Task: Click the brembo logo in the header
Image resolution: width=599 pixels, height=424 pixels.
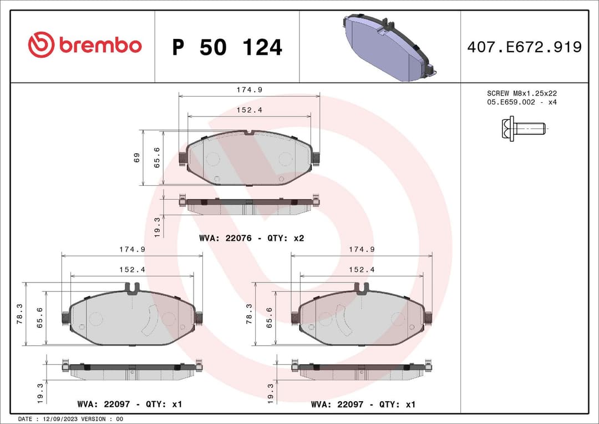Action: [84, 46]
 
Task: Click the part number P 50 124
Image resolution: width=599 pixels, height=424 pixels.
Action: [227, 48]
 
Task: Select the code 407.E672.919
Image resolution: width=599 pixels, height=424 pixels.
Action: [524, 47]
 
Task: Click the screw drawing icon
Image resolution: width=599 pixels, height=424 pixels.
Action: [524, 129]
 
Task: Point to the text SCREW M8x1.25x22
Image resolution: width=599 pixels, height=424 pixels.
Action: [521, 93]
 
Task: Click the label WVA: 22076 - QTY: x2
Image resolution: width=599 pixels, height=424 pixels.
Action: [251, 238]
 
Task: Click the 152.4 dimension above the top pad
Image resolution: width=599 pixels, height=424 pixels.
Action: [249, 110]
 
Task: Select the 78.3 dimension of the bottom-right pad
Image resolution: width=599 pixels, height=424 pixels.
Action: [250, 314]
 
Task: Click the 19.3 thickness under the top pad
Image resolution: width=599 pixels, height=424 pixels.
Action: [158, 227]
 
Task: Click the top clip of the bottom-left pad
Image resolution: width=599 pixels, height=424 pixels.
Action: [132, 287]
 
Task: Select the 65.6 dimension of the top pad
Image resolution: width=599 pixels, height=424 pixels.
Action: [158, 158]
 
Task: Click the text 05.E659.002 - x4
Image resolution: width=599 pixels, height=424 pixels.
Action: [521, 102]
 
